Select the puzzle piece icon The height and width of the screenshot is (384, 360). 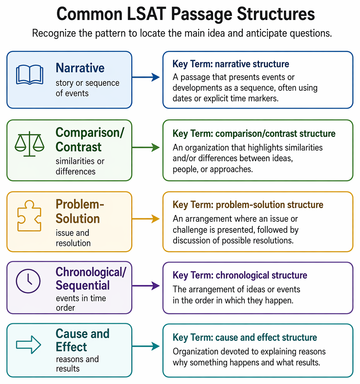(29, 216)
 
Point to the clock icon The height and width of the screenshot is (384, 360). (28, 281)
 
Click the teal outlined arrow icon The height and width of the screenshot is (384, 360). (28, 345)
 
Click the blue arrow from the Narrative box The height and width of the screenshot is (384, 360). (146, 77)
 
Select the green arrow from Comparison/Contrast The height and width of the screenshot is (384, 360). (146, 147)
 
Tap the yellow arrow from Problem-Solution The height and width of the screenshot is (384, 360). (146, 219)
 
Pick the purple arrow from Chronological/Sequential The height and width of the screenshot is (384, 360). (146, 285)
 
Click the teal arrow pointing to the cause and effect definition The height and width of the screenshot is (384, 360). (146, 346)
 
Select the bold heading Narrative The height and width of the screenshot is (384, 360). (80, 68)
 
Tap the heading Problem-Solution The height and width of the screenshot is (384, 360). (80, 211)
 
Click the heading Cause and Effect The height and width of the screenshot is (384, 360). (82, 340)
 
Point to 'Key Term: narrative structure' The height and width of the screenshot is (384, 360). (231, 64)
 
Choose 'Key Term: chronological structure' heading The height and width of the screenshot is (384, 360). (240, 275)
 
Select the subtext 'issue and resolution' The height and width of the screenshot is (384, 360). (73, 238)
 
